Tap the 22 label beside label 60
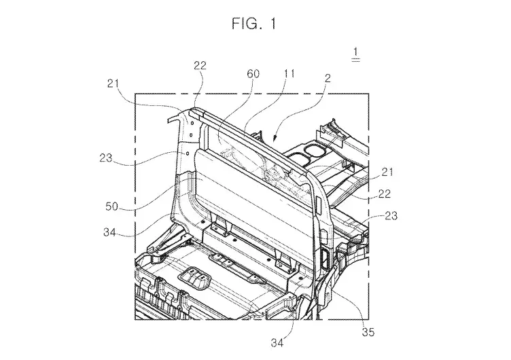click(200, 67)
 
